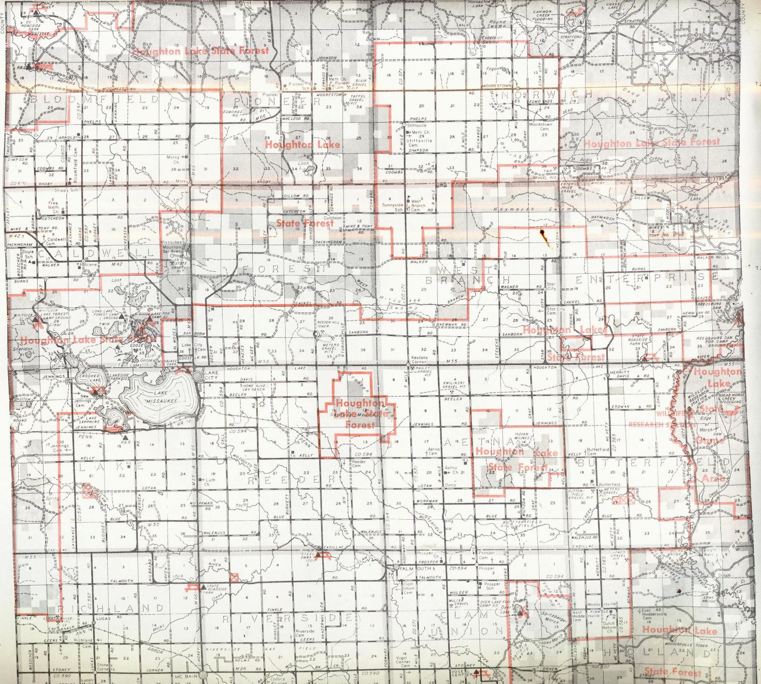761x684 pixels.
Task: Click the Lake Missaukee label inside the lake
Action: [159, 397]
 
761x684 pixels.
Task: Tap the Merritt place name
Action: [619, 372]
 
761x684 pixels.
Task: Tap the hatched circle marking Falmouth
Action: [395, 569]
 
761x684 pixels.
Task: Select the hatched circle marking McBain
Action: [203, 676]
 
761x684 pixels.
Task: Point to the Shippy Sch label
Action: [66, 191]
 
